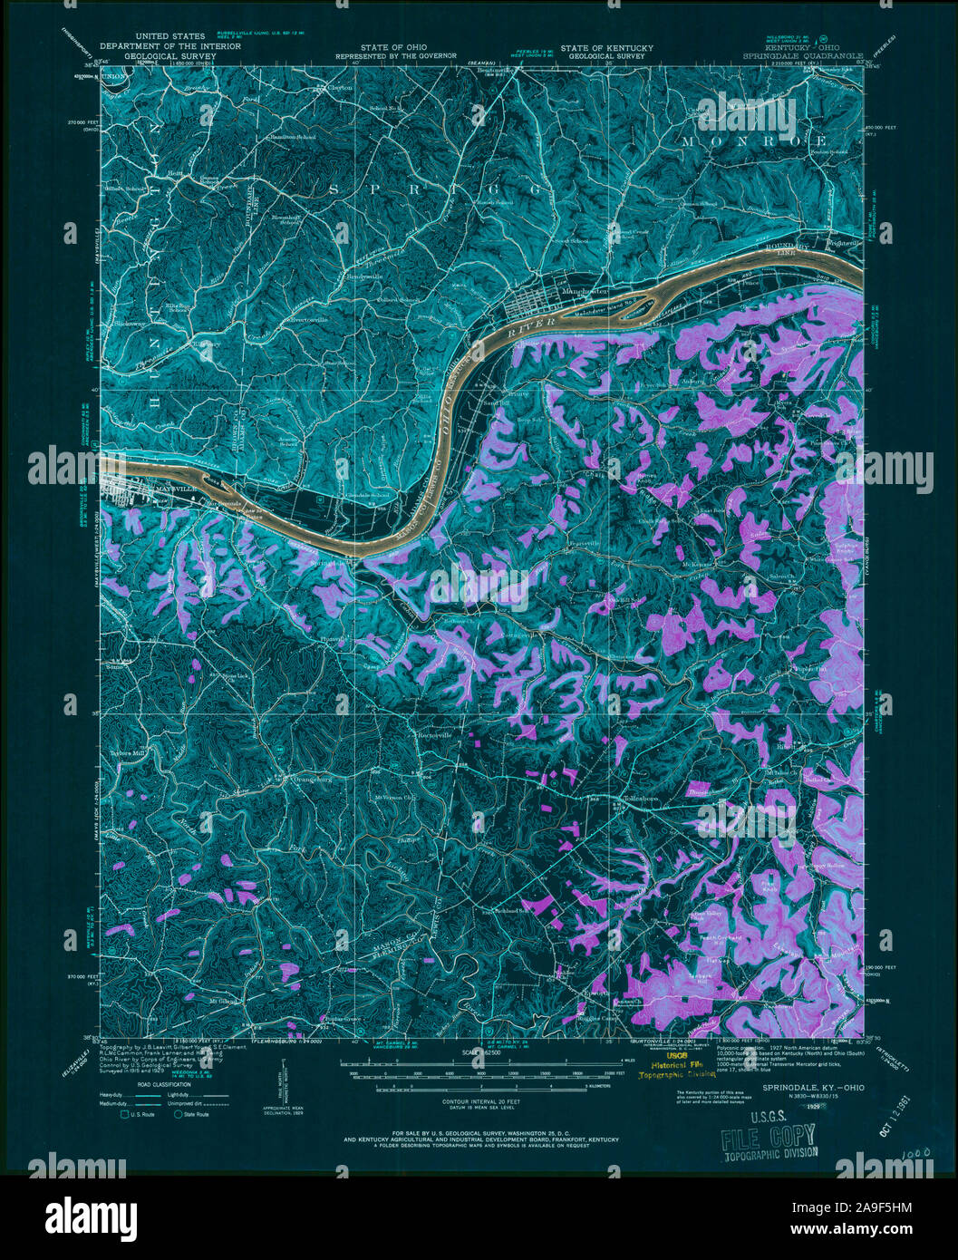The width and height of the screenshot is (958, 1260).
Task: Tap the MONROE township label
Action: pyautogui.click(x=754, y=141)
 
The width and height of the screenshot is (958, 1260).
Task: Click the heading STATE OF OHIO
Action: pyautogui.click(x=393, y=47)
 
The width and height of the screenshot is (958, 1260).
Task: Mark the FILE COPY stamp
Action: pyautogui.click(x=768, y=1136)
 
